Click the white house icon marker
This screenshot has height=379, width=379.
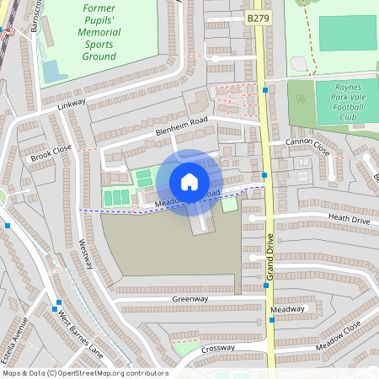click(189, 182)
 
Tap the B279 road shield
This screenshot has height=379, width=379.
click(258, 17)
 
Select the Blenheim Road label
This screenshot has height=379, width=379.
click(179, 126)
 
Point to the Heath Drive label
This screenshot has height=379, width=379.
click(349, 218)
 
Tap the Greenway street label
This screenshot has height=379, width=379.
click(189, 299)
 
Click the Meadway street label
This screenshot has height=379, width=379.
click(287, 309)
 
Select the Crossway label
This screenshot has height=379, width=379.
click(218, 347)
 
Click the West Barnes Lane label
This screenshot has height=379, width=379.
click(80, 331)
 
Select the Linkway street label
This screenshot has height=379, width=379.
click(72, 104)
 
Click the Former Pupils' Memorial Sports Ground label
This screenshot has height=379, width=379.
click(99, 31)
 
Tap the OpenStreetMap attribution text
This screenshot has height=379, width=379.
click(84, 373)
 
